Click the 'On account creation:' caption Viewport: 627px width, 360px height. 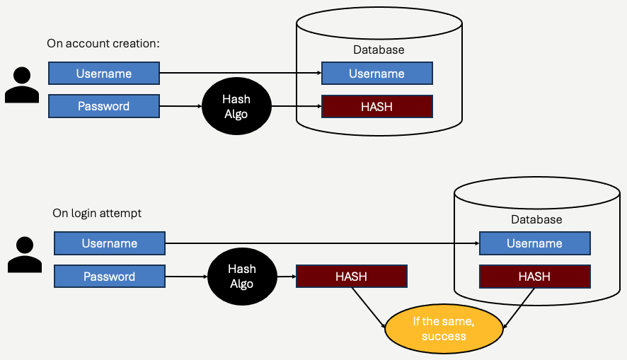click(103, 44)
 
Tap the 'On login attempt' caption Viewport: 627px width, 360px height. click(97, 213)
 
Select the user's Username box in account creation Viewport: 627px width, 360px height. click(104, 74)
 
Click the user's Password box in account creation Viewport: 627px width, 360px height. click(104, 106)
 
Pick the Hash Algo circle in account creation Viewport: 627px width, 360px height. click(236, 106)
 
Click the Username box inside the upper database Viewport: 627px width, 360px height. click(376, 74)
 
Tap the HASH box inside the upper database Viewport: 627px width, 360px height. click(376, 106)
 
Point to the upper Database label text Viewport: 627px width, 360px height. click(379, 50)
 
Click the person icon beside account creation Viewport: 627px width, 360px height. click(22, 86)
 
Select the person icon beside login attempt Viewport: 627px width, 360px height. click(25, 255)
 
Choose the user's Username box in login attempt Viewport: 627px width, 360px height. click(110, 243)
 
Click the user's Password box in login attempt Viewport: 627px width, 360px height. click(110, 277)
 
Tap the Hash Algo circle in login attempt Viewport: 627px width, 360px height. click(241, 276)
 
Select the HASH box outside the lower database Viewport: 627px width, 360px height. click(352, 277)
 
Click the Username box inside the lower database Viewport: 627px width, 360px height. click(534, 243)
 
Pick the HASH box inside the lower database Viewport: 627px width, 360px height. click(534, 277)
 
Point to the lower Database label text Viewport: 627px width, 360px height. click(536, 219)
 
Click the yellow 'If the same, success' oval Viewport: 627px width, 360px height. click(444, 329)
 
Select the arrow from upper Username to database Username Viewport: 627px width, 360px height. click(241, 73)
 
